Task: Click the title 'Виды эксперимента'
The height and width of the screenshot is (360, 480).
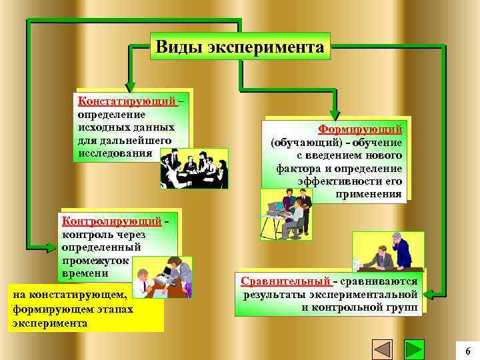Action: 240,47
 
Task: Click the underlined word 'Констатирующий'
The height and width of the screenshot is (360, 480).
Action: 127,101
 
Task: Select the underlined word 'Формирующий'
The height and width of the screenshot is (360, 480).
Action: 360,129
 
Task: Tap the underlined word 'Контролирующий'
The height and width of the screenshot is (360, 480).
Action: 111,221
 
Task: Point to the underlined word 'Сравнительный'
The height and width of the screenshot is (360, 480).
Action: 286,281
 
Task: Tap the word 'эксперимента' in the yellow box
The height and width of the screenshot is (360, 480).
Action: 49,323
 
